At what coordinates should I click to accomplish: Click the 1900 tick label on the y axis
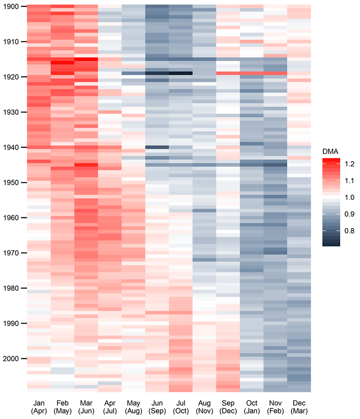10,6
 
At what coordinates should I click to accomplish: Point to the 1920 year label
10,77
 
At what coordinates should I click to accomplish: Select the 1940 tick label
10,147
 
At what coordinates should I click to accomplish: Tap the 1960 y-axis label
10,218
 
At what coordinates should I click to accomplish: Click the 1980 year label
10,288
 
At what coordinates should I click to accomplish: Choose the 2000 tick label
10,359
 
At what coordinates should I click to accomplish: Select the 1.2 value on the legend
349,164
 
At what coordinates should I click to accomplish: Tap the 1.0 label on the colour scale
349,197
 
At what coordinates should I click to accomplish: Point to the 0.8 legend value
349,231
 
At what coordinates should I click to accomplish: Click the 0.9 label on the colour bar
349,214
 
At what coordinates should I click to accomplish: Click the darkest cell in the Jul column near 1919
180,73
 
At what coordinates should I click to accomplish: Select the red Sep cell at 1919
228,73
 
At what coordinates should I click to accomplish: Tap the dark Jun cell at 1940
157,147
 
